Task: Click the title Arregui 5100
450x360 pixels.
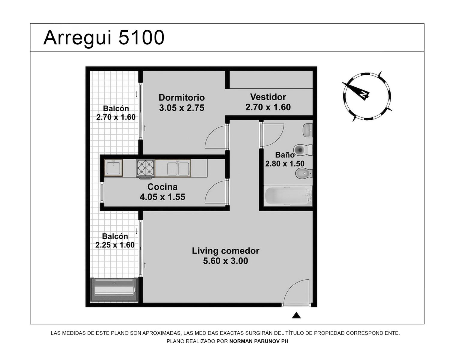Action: point(104,38)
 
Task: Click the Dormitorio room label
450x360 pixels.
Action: point(181,97)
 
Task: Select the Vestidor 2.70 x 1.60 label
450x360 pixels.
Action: point(268,102)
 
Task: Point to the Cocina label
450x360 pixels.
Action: point(162,187)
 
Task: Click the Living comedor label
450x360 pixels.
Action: point(225,251)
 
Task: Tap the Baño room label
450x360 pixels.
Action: point(285,155)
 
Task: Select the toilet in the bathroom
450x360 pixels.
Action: point(303,150)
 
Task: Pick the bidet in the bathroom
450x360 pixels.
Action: point(304,173)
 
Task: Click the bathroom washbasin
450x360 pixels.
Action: point(307,130)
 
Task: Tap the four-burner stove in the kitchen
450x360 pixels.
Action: point(145,169)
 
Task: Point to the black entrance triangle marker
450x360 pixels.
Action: point(296,315)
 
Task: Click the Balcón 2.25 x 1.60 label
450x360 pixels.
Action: point(115,241)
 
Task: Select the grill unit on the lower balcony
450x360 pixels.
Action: point(114,289)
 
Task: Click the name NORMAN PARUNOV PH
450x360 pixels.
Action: point(259,341)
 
